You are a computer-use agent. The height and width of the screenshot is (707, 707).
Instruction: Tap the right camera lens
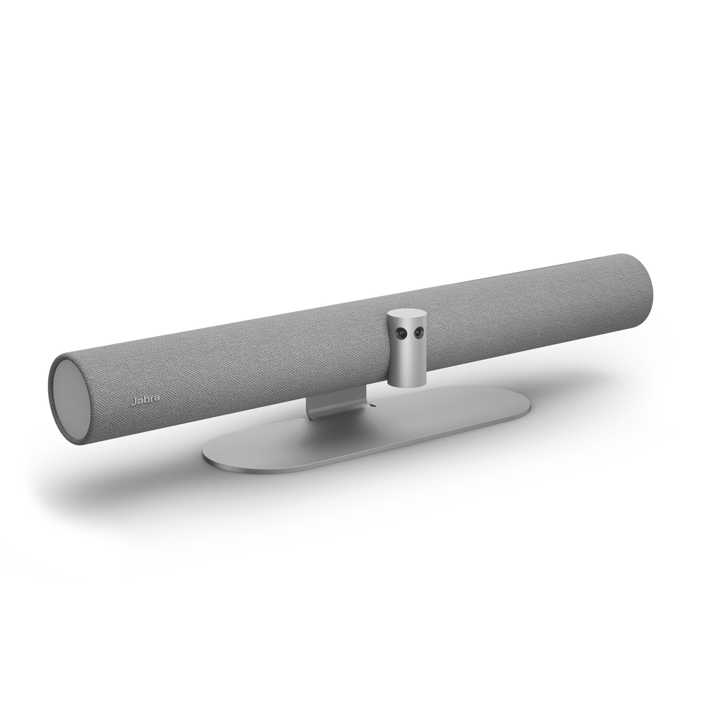point(417,332)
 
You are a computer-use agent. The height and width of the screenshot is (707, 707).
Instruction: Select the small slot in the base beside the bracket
point(373,406)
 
